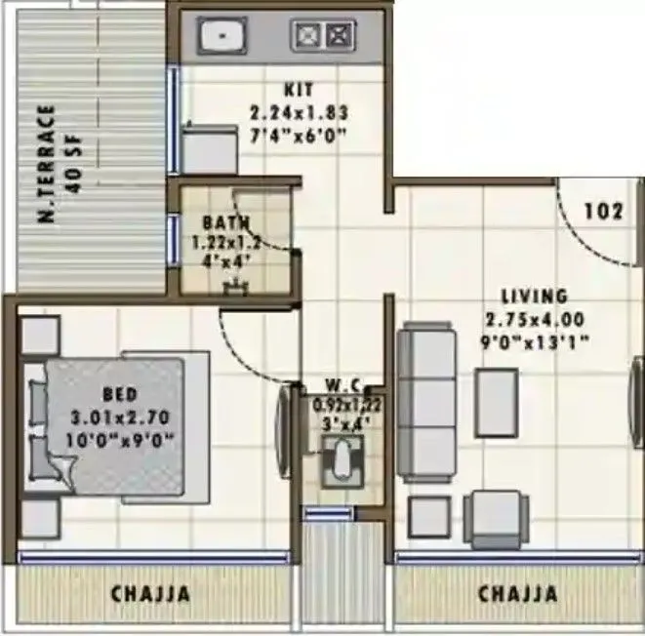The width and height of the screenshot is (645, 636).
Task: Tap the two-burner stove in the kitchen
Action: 321,38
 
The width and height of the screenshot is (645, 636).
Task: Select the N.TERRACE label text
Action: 45,163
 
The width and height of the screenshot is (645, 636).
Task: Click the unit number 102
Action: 604,210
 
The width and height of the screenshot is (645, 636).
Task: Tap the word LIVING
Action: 534,296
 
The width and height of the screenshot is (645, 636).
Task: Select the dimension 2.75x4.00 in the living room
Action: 534,319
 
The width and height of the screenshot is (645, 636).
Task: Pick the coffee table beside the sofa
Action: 496,403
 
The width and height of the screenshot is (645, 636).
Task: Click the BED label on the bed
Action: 119,394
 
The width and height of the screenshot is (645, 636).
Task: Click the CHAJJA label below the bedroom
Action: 150,594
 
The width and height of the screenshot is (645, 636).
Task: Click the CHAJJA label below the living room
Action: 517,594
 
